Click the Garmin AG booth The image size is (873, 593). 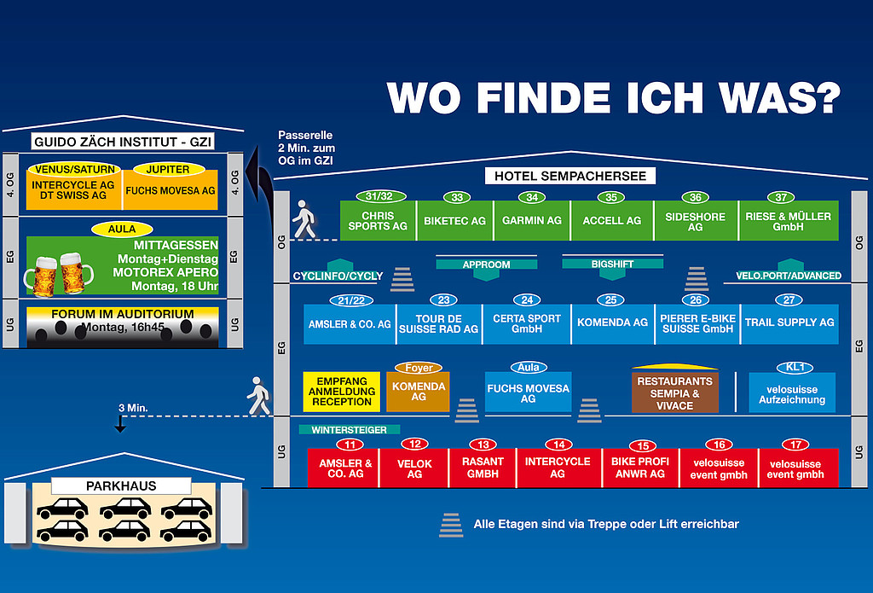tap(532, 220)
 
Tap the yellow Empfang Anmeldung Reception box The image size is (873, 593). tap(342, 391)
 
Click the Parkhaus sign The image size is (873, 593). tap(121, 485)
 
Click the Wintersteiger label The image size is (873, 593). tap(350, 429)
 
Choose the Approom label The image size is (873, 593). tap(485, 265)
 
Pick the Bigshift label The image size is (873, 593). tap(612, 265)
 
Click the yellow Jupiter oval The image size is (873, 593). tap(173, 168)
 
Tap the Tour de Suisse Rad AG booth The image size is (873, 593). tap(440, 324)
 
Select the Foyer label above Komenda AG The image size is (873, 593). tap(419, 368)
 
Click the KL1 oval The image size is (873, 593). tap(795, 368)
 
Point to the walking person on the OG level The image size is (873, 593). tap(303, 220)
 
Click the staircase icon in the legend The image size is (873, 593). tap(451, 525)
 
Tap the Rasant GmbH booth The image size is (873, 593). tap(483, 468)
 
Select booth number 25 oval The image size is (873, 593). tap(611, 299)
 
